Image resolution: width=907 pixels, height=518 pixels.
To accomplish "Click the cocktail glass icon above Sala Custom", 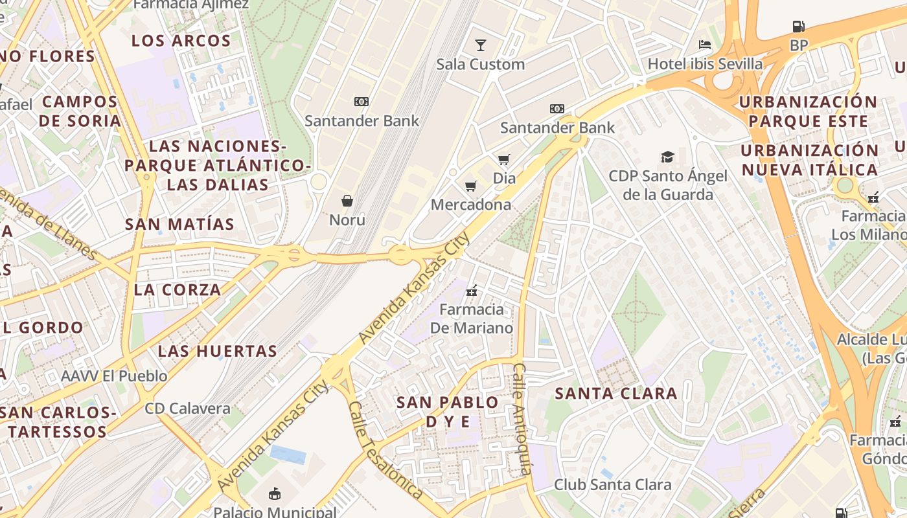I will (x=480, y=45).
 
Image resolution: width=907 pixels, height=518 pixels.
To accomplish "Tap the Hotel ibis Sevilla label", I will (x=705, y=63).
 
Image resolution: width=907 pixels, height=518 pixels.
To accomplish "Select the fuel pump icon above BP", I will (x=799, y=27).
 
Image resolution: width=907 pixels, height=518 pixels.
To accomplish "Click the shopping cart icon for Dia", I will (x=503, y=159).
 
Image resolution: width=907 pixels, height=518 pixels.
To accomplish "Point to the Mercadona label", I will (x=471, y=205).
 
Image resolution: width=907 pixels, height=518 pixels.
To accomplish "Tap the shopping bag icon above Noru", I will (x=347, y=201).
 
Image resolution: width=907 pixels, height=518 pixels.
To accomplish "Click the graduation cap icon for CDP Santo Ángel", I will (x=667, y=157).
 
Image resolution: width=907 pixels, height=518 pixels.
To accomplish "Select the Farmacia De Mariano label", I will (x=472, y=319).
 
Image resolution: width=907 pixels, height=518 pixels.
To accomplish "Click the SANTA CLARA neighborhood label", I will (x=616, y=393).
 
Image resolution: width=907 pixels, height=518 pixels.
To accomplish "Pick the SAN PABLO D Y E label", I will (x=448, y=412).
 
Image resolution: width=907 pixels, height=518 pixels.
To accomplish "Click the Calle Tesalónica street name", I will (x=385, y=451).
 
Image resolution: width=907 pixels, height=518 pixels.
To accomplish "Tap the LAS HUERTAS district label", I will (x=218, y=352).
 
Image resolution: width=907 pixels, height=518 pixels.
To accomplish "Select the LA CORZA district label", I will (x=178, y=290).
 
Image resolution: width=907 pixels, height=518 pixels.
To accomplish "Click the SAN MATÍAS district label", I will (x=179, y=225).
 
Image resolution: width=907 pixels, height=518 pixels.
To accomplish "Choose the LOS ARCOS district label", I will (x=181, y=41).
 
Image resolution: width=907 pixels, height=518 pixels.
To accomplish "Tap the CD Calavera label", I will (x=187, y=409).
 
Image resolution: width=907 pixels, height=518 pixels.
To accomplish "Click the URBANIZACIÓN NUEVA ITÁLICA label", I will (x=810, y=161).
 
